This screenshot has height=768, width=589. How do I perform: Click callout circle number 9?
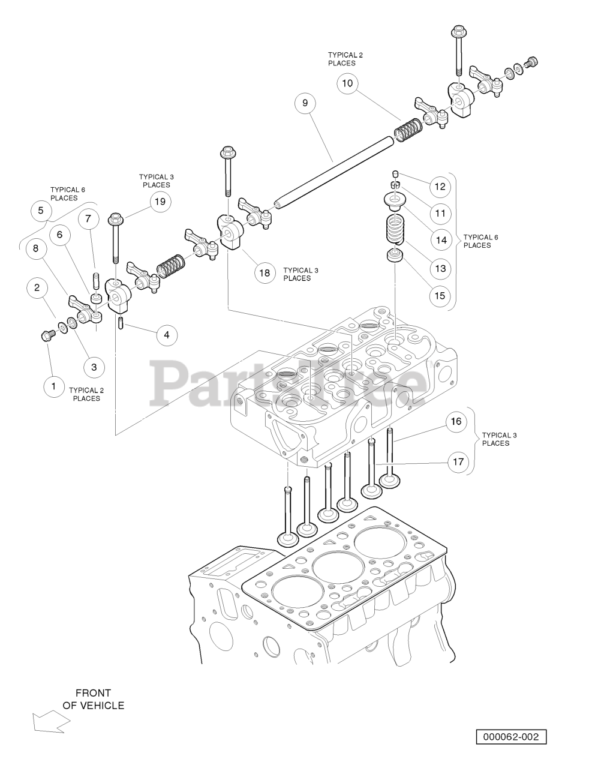coord(305,103)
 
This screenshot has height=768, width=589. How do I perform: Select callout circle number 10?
coord(347,83)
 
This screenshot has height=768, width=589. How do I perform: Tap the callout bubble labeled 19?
coord(160,202)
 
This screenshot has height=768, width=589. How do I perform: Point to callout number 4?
coord(167,335)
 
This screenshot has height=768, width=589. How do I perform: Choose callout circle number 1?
coord(54,386)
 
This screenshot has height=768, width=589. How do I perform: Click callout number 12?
coord(440,187)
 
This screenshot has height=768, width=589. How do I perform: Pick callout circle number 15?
coord(440,295)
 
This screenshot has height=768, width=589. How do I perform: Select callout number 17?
coord(458,461)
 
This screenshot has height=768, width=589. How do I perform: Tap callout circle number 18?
coord(265,273)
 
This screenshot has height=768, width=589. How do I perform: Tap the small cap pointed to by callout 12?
coord(395,173)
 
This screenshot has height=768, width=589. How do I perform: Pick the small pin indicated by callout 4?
coord(120,323)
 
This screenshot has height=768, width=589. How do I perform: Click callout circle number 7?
coord(88,219)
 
